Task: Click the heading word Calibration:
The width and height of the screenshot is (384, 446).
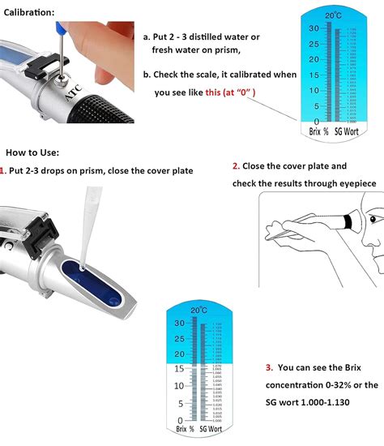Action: (30, 13)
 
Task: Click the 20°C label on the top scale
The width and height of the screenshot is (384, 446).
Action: (331, 15)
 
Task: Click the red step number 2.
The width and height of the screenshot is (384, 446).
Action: (236, 165)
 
